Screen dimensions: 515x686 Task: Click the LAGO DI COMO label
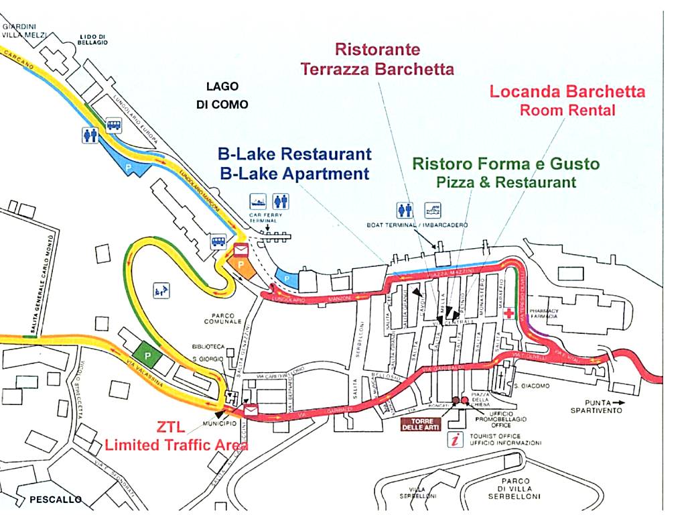pyautogui.click(x=222, y=95)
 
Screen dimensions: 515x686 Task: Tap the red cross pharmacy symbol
pyautogui.click(x=510, y=313)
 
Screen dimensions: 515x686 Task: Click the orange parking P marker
pyautogui.click(x=242, y=267)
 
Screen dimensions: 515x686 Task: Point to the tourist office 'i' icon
pyautogui.click(x=457, y=441)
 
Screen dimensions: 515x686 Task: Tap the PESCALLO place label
pyautogui.click(x=56, y=500)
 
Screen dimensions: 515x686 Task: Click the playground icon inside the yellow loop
pyautogui.click(x=161, y=290)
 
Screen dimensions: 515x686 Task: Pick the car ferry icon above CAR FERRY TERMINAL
pyautogui.click(x=258, y=200)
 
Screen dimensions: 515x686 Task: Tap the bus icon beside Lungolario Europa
pyautogui.click(x=113, y=125)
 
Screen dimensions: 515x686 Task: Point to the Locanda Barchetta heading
pyautogui.click(x=567, y=92)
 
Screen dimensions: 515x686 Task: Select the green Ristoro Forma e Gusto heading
pyautogui.click(x=506, y=164)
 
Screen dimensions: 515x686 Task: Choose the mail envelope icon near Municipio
pyautogui.click(x=251, y=410)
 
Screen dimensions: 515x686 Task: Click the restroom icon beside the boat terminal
pyautogui.click(x=405, y=210)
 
